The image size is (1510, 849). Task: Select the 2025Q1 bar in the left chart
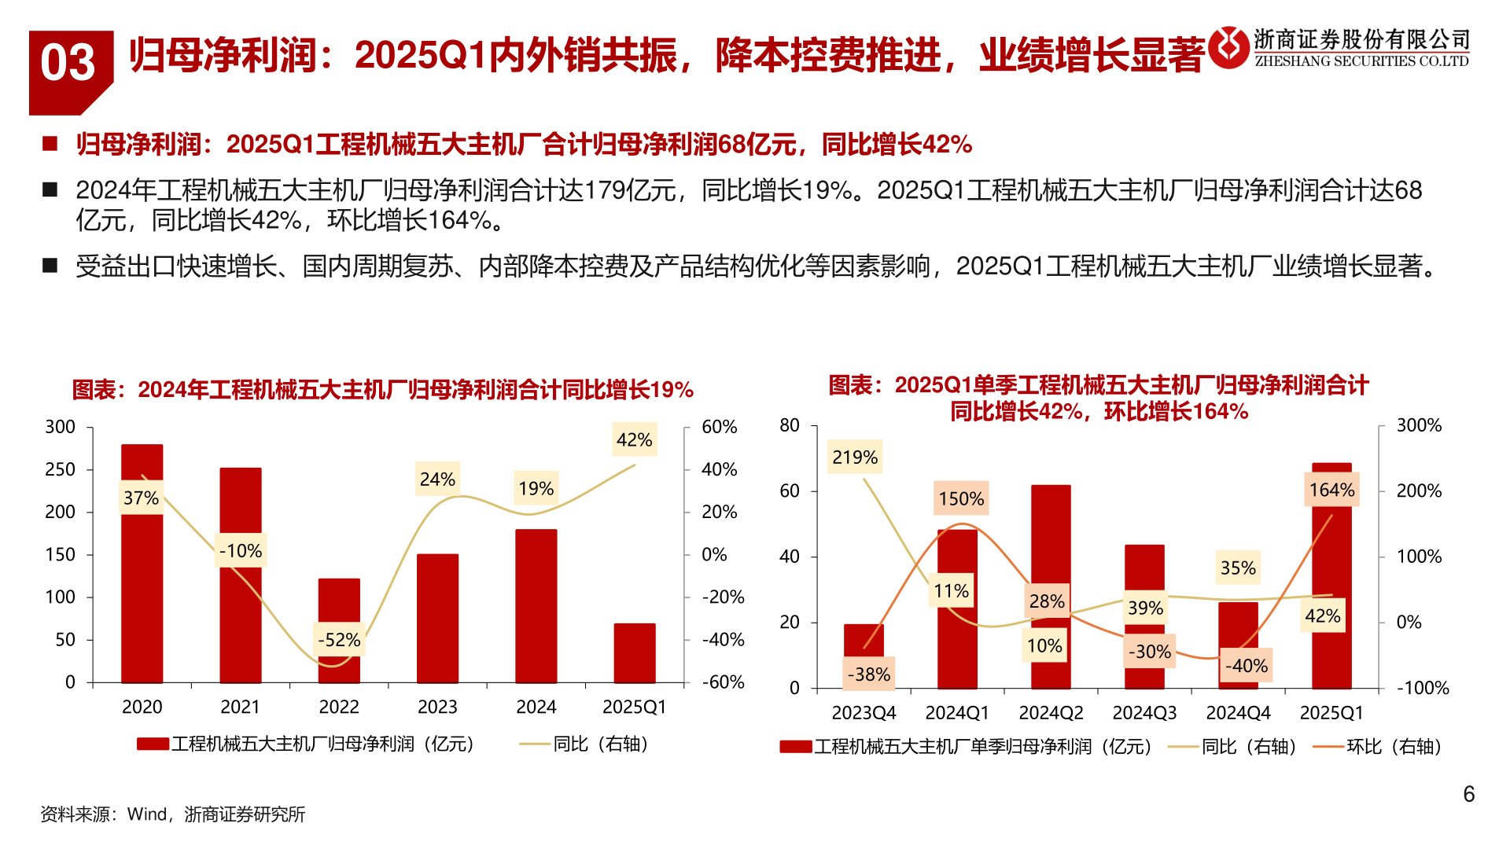click(634, 653)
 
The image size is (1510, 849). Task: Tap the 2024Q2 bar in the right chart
click(1051, 550)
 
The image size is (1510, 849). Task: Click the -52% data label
click(339, 640)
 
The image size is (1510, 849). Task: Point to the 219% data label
click(855, 457)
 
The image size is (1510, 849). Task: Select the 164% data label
click(1331, 490)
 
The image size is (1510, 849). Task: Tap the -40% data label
click(1247, 666)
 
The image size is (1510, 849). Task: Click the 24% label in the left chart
click(437, 479)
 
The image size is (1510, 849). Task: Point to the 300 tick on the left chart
click(60, 427)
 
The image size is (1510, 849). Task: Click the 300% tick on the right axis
click(1419, 425)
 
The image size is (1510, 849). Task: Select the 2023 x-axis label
click(437, 707)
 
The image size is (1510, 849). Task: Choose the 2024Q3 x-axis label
click(1144, 713)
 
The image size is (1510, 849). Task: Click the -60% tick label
click(723, 682)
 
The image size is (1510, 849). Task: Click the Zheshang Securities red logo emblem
click(1228, 48)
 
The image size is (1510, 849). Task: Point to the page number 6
click(1468, 794)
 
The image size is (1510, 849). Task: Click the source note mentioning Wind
click(173, 814)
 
